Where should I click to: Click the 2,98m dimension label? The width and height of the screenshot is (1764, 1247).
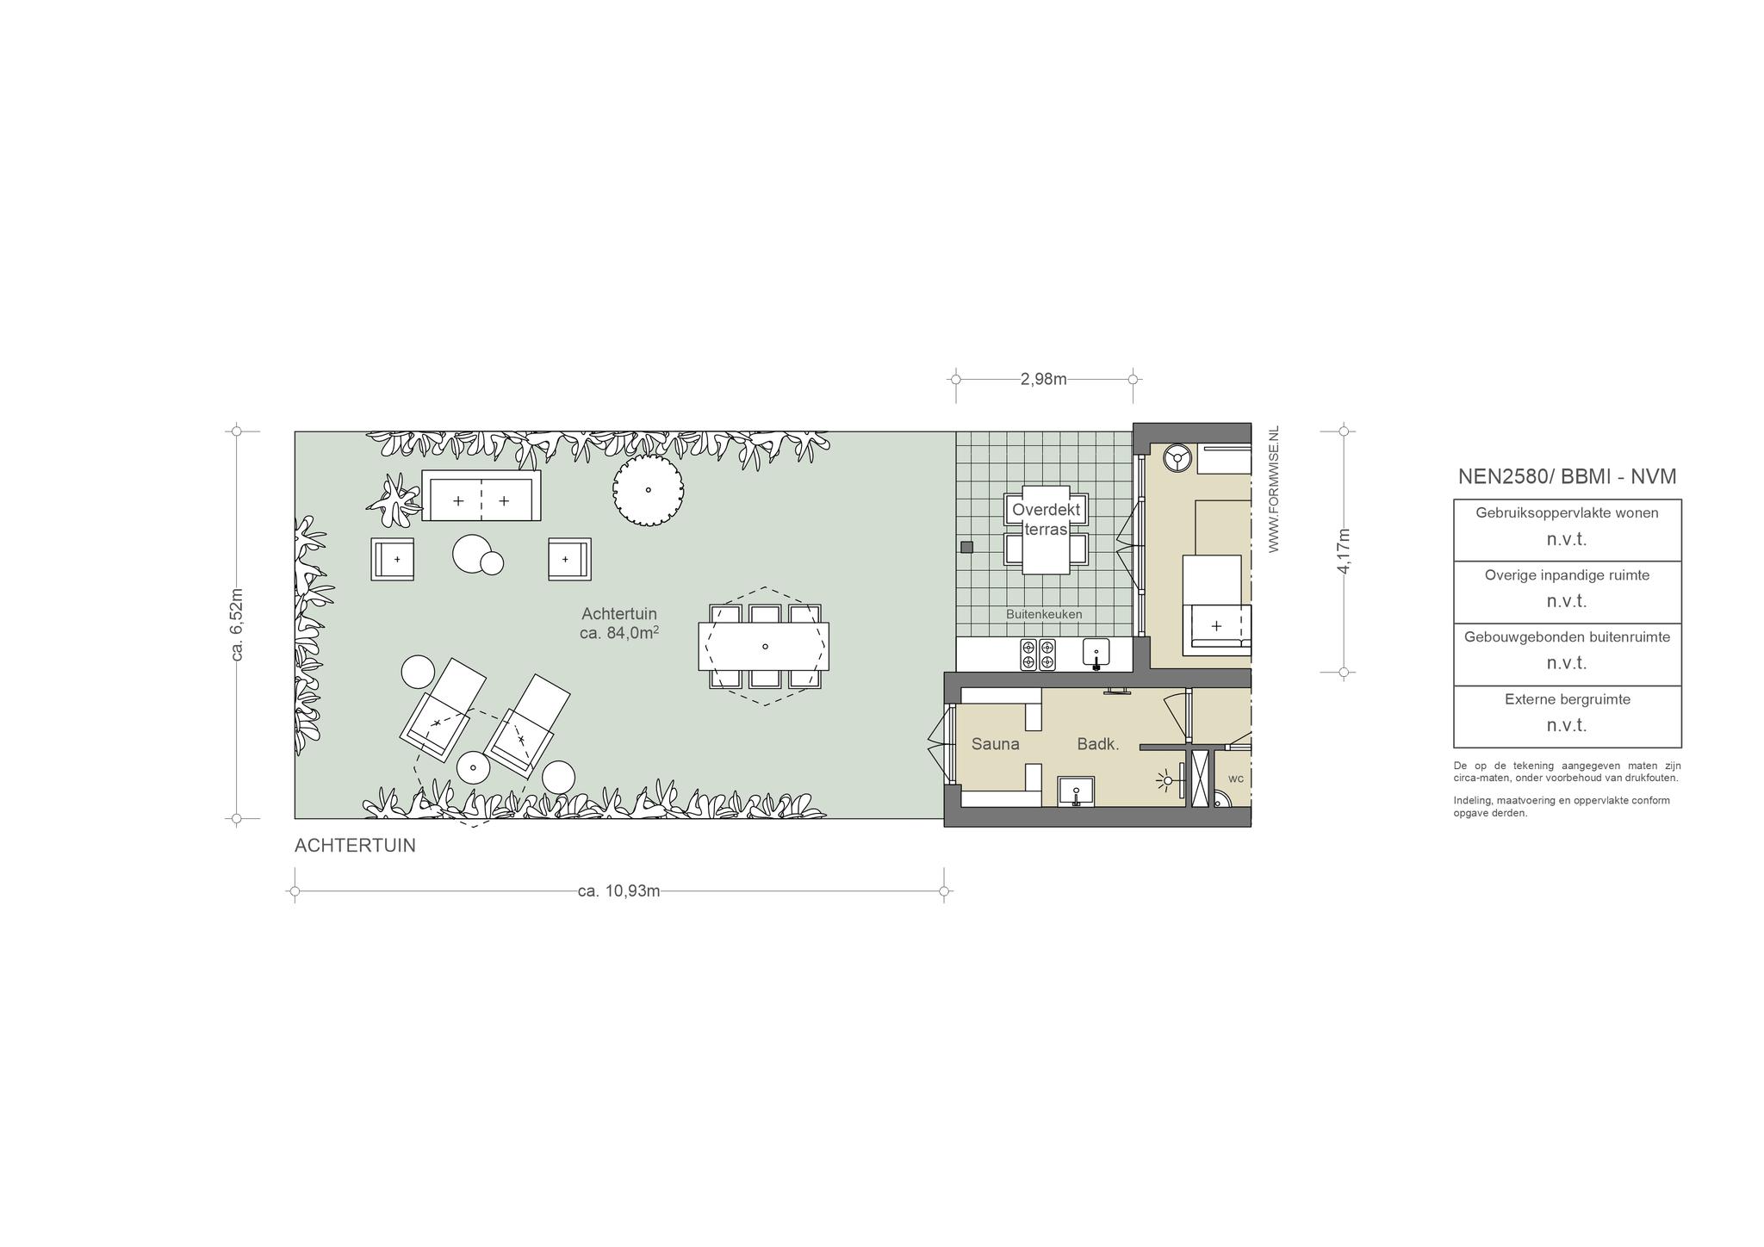1043,379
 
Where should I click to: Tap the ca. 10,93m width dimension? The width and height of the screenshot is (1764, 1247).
618,890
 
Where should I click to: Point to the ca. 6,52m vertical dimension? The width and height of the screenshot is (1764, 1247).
238,624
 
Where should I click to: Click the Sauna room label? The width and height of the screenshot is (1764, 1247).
995,744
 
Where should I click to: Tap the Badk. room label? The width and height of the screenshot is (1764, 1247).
1098,744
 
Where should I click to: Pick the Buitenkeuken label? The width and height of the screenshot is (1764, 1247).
1044,614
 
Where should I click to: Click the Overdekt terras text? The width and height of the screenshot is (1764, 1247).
1046,519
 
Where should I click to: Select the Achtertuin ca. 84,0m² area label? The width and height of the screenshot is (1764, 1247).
619,623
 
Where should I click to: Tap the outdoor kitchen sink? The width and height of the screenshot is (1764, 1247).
1096,654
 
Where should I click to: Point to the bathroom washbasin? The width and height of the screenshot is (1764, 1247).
1076,791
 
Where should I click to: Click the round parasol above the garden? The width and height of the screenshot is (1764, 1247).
648,490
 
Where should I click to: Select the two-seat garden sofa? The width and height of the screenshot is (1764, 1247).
481,495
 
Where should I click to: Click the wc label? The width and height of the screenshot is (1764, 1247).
1235,779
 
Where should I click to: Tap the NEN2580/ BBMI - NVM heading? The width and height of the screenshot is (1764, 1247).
1567,476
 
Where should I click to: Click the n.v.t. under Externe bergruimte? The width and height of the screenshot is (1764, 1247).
1567,725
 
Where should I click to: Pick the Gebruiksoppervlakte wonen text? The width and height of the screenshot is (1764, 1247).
1567,512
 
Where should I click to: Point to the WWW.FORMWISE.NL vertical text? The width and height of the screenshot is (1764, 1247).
1274,488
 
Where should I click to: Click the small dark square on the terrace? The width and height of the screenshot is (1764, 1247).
966,547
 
